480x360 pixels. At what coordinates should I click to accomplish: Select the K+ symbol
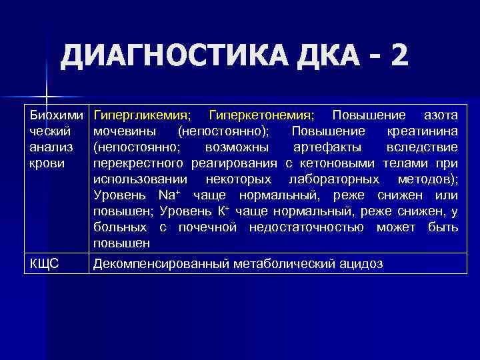[223, 211]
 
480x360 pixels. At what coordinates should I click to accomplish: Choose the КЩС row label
[44, 264]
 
